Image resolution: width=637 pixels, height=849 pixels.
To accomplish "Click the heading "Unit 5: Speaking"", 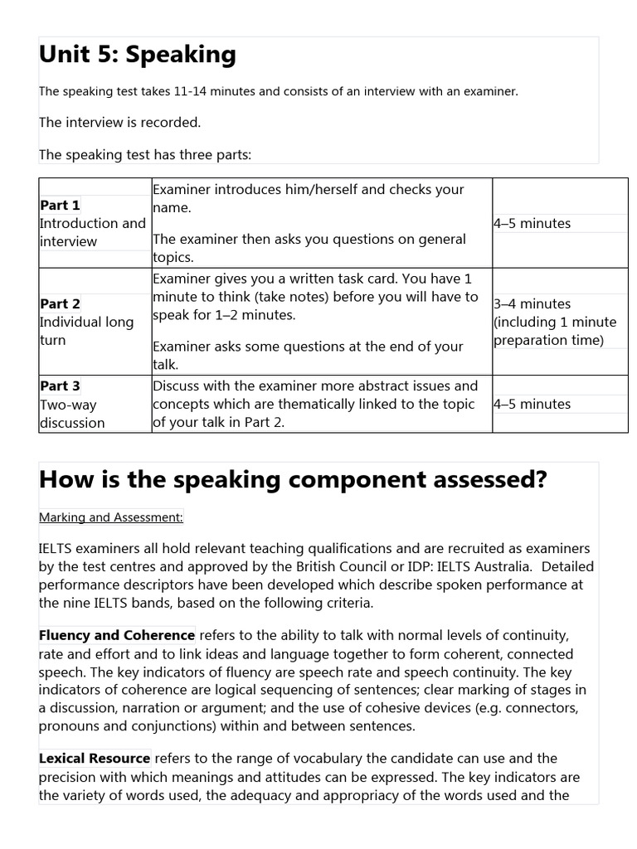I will tap(138, 55).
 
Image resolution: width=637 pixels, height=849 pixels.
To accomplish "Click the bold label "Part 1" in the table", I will tap(61, 205).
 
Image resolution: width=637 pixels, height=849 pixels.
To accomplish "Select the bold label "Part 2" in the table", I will tap(61, 303).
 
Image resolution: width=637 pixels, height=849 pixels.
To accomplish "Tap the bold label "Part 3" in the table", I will tap(61, 386).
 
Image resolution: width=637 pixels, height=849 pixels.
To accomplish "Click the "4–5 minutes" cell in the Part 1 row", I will tap(532, 223).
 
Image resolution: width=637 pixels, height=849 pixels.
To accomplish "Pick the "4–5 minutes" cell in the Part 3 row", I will tap(532, 404).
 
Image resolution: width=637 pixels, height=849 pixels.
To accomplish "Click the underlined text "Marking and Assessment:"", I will tap(111, 517).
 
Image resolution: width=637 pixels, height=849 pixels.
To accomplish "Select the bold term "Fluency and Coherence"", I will tap(117, 635).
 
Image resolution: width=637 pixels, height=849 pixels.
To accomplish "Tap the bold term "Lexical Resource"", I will tap(95, 758).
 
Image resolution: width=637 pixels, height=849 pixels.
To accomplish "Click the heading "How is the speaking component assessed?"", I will tap(293, 480).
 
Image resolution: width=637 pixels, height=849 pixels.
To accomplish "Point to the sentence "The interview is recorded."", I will tap(119, 122).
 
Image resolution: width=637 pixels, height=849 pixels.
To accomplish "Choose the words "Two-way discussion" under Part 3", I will tap(72, 414).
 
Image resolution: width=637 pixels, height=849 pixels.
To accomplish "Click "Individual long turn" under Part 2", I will tap(86, 331).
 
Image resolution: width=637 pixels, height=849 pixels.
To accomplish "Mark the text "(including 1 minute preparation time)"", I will tap(555, 331).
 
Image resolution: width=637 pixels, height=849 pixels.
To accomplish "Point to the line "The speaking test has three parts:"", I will tap(144, 153).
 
